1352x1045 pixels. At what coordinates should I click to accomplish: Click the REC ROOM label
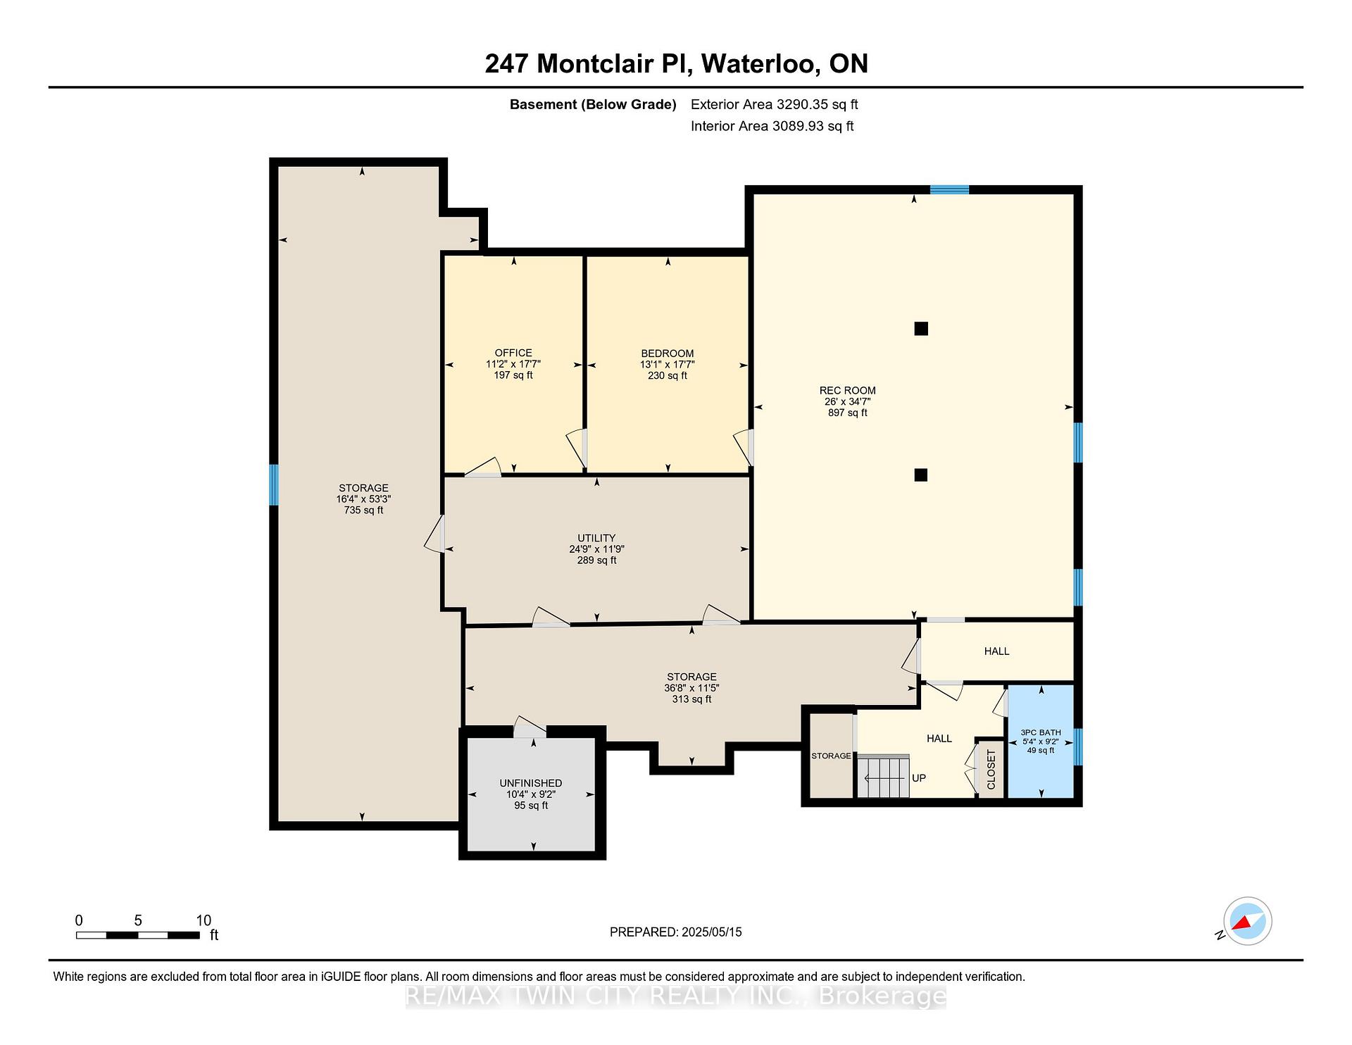[847, 390]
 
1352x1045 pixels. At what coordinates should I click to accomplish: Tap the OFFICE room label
[513, 353]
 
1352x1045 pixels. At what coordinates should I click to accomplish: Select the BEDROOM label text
[668, 353]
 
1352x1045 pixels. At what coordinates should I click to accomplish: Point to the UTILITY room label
[596, 538]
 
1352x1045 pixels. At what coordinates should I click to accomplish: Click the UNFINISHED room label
[531, 783]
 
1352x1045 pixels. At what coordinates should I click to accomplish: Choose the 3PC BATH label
[1041, 732]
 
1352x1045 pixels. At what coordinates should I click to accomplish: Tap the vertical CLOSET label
[991, 770]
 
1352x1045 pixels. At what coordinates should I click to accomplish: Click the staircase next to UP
[883, 777]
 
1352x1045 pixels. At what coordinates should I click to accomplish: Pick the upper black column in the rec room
[921, 328]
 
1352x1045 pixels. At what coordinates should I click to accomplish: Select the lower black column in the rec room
[921, 475]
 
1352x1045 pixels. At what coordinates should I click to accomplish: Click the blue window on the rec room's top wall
[949, 189]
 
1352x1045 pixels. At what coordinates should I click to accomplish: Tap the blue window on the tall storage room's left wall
[274, 484]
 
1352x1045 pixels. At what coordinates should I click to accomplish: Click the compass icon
[1248, 921]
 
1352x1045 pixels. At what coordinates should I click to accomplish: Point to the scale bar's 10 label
[204, 920]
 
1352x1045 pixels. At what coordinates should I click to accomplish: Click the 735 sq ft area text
[363, 510]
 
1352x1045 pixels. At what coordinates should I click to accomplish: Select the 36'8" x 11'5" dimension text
[691, 688]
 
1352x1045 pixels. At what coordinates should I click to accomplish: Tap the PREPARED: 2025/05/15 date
[676, 932]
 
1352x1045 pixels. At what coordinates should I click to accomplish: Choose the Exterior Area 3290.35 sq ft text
[775, 104]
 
